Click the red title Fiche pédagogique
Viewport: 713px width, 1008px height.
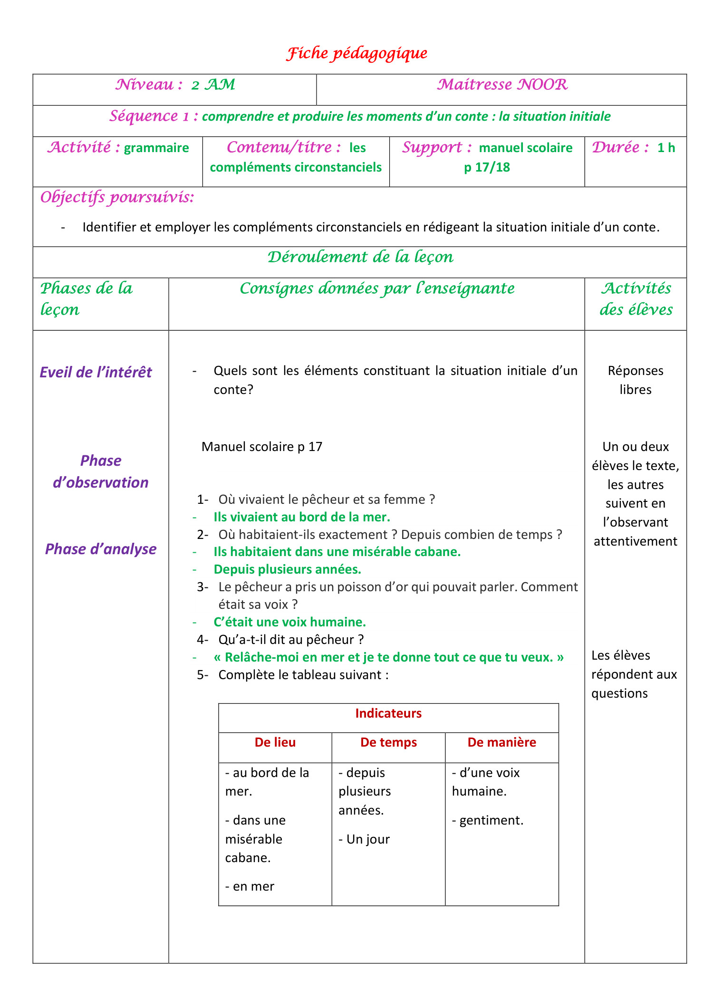pos(356,53)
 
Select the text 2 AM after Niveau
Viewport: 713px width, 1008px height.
pos(213,85)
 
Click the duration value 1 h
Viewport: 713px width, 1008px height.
pos(666,148)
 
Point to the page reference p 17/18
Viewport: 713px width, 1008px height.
pos(487,167)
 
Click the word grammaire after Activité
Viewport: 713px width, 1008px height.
pos(156,148)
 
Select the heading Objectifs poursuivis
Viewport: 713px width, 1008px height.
pos(117,197)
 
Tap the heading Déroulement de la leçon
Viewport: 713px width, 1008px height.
pos(360,257)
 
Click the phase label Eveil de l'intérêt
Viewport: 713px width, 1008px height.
pos(96,372)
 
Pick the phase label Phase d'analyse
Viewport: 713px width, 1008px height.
pos(100,549)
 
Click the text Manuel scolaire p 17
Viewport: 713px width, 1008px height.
pos(262,447)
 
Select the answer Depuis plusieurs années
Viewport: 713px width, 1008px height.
pos(287,569)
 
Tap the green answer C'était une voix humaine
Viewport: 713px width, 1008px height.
pos(289,622)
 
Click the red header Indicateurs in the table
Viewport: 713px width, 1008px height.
pos(388,713)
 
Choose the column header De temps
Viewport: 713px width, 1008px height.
pos(388,742)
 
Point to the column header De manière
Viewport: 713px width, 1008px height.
pos(501,742)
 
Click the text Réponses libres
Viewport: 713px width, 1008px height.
pos(635,380)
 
